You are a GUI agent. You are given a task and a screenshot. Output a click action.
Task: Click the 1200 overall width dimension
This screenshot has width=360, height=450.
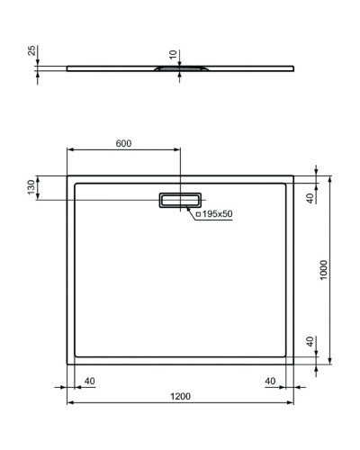[180, 397]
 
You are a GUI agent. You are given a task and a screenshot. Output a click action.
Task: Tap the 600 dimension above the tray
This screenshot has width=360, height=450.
[123, 144]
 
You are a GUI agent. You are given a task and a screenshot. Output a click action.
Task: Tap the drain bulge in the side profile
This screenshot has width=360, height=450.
[180, 67]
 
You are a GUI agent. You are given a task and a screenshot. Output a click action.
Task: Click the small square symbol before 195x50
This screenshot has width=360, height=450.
[197, 213]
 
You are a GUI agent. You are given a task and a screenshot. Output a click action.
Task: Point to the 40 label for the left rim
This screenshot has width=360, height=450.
[89, 381]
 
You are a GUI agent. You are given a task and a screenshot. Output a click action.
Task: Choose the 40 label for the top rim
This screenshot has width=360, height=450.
[310, 198]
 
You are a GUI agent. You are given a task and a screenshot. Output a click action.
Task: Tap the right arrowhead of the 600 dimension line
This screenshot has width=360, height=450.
[177, 149]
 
